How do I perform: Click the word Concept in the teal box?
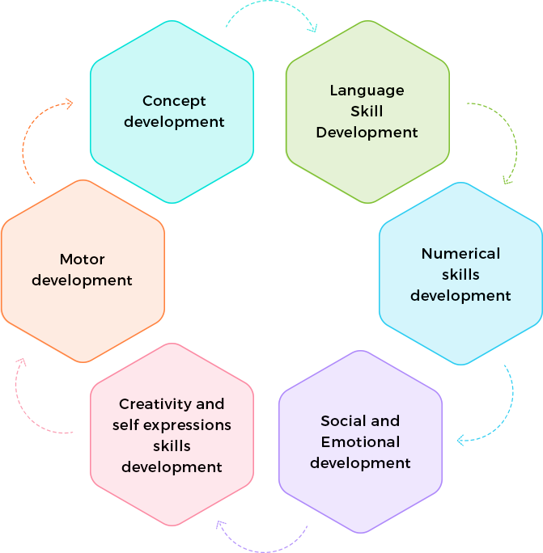point(174,101)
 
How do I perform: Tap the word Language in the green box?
point(367,90)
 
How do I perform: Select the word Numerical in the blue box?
point(460,253)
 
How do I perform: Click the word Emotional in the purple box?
point(360,442)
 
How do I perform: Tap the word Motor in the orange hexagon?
point(83,260)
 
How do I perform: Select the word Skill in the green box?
point(367,111)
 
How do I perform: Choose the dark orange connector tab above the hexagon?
point(45,137)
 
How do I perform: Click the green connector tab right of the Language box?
point(491,141)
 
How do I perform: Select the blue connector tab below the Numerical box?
point(486,404)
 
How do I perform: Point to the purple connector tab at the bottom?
point(259,537)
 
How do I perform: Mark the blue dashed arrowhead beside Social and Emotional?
point(460,441)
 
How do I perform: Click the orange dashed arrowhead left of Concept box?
point(70,103)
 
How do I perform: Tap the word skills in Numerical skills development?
point(460,274)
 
